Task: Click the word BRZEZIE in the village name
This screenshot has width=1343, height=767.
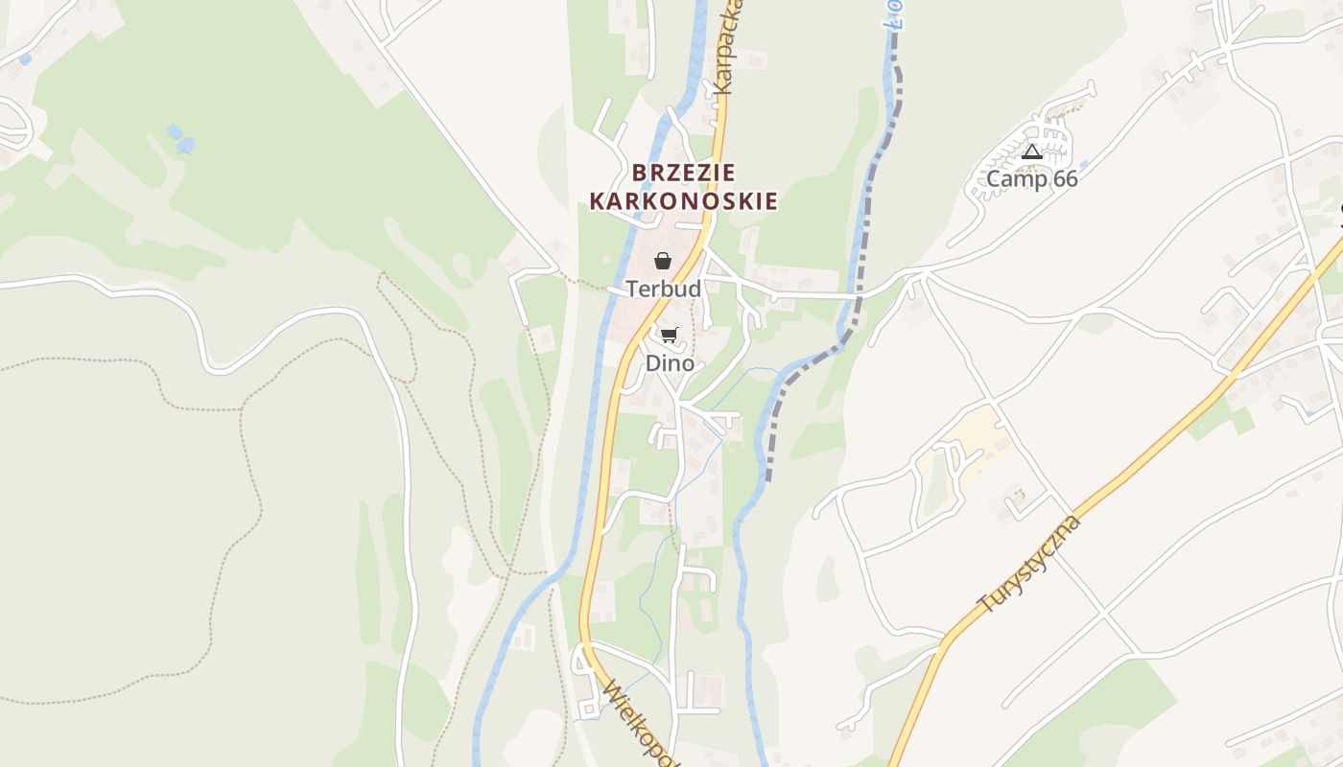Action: pos(684,173)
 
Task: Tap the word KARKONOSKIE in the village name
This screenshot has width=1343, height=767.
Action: pos(683,201)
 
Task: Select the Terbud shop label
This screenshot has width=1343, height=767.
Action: pos(663,289)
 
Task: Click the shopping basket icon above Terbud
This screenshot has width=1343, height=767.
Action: pos(662,260)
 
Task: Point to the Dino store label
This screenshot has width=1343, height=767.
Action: pos(670,363)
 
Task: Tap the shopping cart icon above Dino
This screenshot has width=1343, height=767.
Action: pos(670,335)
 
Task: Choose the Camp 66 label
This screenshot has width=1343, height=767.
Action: pos(1032,179)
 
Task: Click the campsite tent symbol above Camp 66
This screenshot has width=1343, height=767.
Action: pos(1032,151)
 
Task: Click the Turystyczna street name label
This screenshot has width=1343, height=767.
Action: pos(1029,565)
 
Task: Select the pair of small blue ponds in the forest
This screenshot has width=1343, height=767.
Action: pos(180,138)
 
